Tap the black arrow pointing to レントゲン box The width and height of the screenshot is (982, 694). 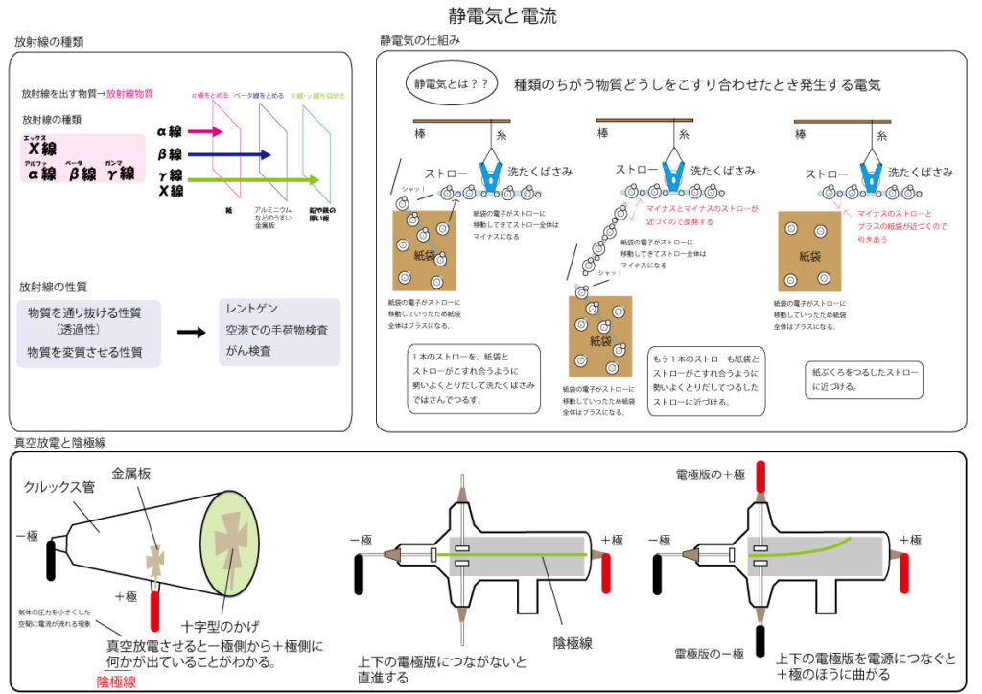click(x=192, y=332)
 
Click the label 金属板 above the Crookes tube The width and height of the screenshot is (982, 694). click(x=131, y=473)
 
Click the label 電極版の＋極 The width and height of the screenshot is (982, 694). click(x=711, y=475)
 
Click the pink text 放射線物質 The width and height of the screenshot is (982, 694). click(x=129, y=94)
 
